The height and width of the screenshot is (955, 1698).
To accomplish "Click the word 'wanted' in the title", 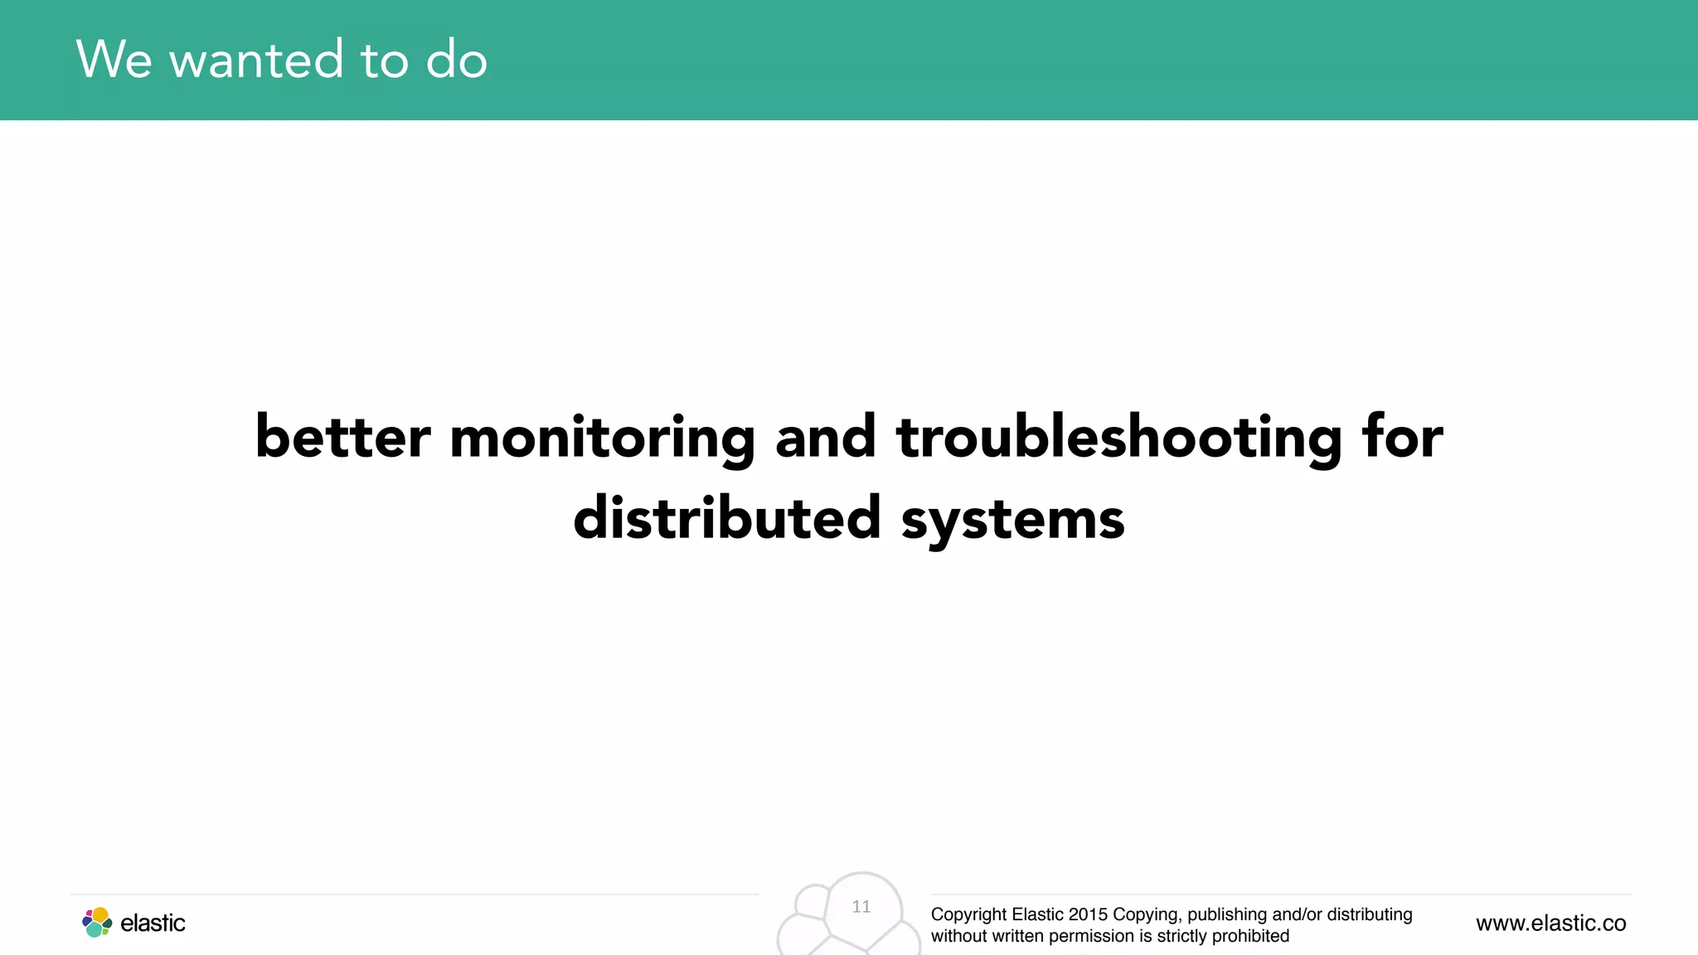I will point(256,60).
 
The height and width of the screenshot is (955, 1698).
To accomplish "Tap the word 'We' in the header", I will point(114,60).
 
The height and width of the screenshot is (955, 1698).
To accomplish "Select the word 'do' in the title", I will point(456,60).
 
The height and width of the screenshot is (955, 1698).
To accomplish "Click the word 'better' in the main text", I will point(342,437).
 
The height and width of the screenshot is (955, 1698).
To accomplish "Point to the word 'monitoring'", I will point(602,439).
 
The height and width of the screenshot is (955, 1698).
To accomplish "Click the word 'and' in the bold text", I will point(825,437).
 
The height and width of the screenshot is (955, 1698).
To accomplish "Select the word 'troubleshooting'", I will point(1118,439).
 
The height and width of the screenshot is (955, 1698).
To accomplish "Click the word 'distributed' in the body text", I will point(726,518).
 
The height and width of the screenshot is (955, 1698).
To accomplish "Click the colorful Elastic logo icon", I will point(97,923).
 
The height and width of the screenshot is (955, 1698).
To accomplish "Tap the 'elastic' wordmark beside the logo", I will point(153,923).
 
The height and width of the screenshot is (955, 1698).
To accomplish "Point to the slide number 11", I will point(861,907).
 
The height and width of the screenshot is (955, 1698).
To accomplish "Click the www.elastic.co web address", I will point(1550,923).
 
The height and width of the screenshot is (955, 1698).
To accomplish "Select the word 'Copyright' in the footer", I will point(968,914).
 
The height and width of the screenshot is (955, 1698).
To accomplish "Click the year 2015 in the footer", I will point(1088,914).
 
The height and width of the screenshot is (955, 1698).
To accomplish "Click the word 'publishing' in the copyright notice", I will point(1227,914).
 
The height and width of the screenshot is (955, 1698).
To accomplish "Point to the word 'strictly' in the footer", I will point(1181,936).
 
